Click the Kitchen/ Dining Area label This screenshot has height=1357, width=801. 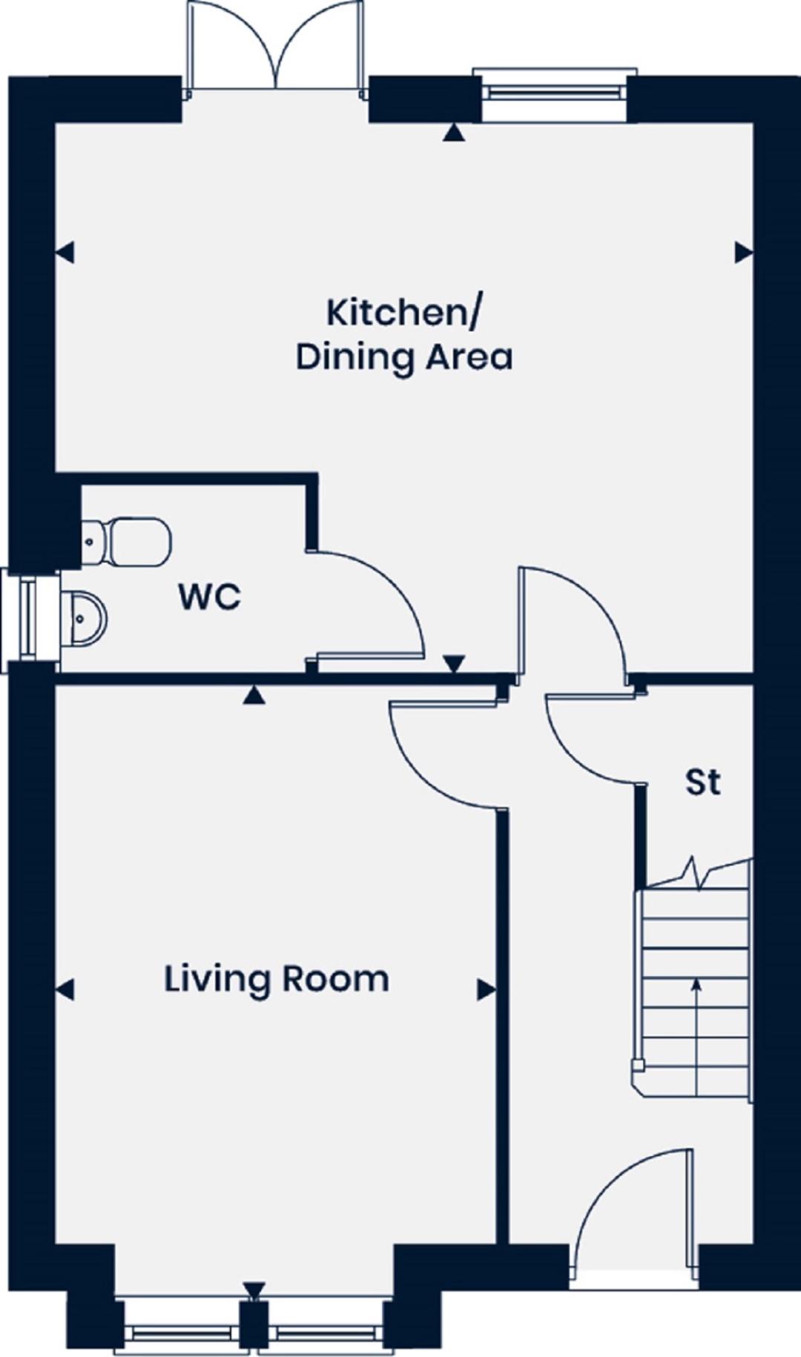click(x=404, y=334)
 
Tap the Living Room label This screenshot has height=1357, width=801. click(x=277, y=979)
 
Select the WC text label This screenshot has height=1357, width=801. click(x=210, y=597)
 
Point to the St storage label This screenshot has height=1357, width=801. click(x=703, y=782)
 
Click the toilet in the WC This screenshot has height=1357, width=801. click(x=126, y=541)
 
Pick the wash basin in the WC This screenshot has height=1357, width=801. click(x=84, y=618)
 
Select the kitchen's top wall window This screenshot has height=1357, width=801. click(x=555, y=93)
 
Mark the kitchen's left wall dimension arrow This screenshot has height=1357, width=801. click(x=65, y=253)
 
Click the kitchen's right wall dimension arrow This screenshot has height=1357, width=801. click(x=744, y=253)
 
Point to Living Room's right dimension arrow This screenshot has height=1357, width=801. click(x=486, y=989)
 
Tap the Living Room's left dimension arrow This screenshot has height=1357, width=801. click(x=65, y=989)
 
